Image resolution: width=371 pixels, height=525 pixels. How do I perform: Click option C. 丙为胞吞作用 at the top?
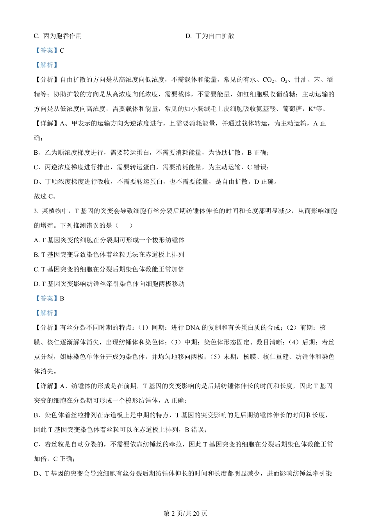pyautogui.click(x=58, y=36)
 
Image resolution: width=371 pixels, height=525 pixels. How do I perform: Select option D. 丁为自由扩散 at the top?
pyautogui.click(x=210, y=36)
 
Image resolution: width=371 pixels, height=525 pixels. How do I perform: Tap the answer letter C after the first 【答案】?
pyautogui.click(x=62, y=50)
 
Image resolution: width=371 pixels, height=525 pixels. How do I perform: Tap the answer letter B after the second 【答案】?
pyautogui.click(x=62, y=298)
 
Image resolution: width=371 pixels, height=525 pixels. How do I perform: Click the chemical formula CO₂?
pyautogui.click(x=268, y=80)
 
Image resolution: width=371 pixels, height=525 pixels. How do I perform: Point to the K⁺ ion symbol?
pyautogui.click(x=311, y=109)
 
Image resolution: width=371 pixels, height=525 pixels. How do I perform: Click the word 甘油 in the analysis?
pyautogui.click(x=300, y=80)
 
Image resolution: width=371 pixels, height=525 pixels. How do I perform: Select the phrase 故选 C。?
pyautogui.click(x=45, y=196)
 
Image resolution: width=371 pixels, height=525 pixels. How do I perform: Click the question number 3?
pyautogui.click(x=36, y=211)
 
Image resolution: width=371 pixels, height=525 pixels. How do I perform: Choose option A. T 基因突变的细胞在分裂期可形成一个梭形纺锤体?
pyautogui.click(x=109, y=240)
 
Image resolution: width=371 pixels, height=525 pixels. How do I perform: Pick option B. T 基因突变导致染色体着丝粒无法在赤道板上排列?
pyautogui.click(x=109, y=255)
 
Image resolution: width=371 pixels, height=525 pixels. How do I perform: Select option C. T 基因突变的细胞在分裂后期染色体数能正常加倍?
pyautogui.click(x=109, y=269)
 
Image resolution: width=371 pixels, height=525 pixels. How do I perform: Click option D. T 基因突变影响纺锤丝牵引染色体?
pyautogui.click(x=109, y=284)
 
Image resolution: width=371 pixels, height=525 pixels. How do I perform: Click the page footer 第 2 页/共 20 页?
pyautogui.click(x=185, y=513)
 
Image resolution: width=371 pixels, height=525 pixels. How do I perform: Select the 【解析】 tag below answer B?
pyautogui.click(x=46, y=313)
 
